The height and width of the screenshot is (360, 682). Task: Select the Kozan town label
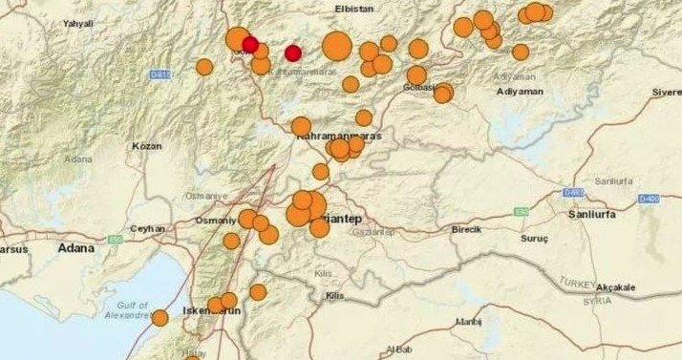(147, 146)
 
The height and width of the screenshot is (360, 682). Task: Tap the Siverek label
(665, 92)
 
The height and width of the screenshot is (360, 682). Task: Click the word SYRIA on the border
(599, 302)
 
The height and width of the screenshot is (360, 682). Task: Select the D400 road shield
(650, 198)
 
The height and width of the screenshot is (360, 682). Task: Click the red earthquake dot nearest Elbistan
(293, 53)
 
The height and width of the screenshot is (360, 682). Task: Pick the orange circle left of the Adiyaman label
(443, 94)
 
